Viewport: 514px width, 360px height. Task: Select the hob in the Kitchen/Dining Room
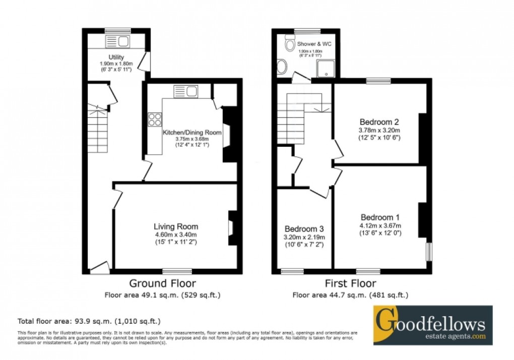point(155,120)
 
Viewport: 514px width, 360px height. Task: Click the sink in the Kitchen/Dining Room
point(186,91)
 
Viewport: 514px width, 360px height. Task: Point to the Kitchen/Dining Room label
point(191,133)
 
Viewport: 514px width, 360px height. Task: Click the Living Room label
point(176,226)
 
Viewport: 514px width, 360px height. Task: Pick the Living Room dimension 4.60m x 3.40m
point(176,234)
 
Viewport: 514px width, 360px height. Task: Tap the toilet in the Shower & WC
point(289,45)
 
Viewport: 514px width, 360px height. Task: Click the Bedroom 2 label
point(379,122)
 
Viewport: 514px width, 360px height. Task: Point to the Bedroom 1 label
point(379,217)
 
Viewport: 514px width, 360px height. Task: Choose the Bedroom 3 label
point(304,228)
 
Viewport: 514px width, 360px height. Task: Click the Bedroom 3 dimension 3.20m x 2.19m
point(304,237)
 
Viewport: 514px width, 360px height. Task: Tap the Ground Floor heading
point(162,283)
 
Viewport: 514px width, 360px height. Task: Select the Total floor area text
point(89,321)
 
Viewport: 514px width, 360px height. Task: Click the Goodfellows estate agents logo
point(432,325)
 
